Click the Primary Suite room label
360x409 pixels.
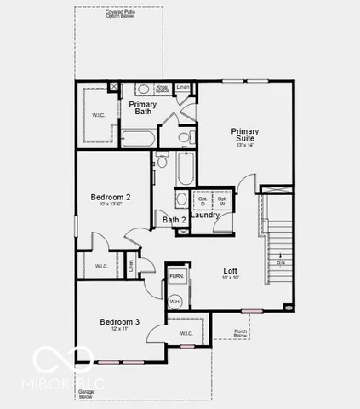[244, 135]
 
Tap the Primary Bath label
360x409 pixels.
[144, 107]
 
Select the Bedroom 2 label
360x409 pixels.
[110, 197]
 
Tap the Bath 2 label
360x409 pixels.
[174, 220]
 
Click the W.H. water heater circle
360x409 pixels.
[175, 302]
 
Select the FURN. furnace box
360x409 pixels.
[176, 276]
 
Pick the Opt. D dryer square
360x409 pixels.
[202, 200]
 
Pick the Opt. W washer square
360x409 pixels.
[221, 200]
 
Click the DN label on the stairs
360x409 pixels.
[279, 262]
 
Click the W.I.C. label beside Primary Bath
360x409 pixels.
[98, 114]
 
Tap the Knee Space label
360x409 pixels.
[160, 89]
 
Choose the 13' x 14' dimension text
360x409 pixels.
[244, 145]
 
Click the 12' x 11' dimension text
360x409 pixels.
[119, 330]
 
